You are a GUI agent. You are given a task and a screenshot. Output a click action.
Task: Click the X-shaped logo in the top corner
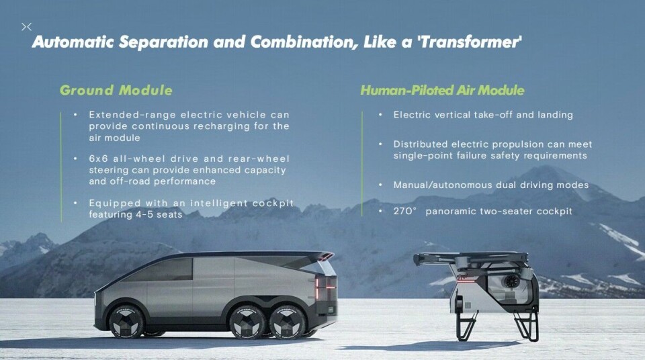26,27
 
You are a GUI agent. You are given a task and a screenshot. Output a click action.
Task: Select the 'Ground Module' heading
116,90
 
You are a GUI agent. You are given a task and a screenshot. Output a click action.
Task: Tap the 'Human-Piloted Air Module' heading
442,90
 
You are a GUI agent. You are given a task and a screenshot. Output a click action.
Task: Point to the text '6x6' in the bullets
98,159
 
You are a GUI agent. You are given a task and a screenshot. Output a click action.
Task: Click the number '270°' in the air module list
404,211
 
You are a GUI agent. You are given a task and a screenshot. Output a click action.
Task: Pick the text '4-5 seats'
159,214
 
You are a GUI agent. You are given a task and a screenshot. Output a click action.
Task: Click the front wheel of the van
126,321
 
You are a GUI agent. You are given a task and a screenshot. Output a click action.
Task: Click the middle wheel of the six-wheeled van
247,322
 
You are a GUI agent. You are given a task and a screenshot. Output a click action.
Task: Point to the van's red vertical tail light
316,289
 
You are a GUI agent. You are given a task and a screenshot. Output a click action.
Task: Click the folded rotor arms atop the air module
471,259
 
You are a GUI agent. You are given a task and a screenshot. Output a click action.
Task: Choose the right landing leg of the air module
527,325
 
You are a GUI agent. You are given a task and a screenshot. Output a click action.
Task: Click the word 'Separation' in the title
163,42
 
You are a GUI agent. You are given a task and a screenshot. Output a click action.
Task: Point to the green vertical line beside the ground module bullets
61,167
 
